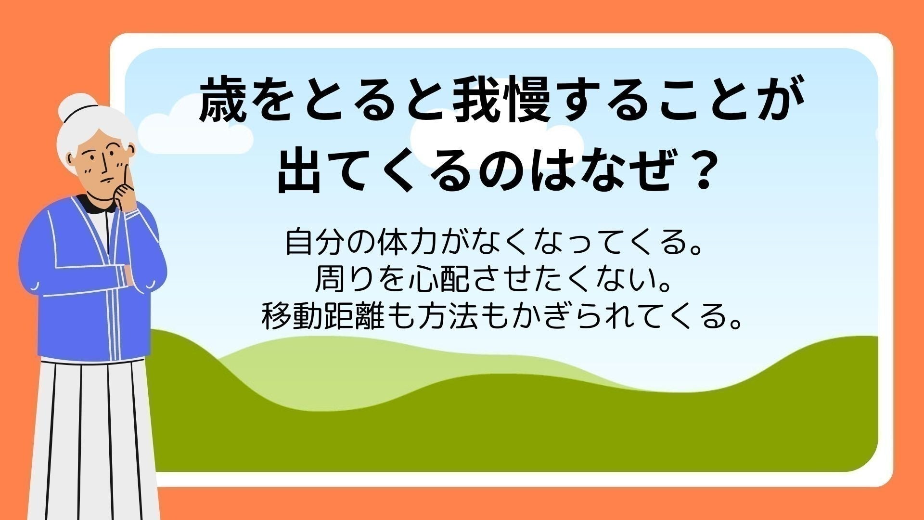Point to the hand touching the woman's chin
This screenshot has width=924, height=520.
click(126, 195)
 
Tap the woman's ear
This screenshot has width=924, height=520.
click(72, 158)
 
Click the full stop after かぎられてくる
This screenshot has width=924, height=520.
click(734, 324)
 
